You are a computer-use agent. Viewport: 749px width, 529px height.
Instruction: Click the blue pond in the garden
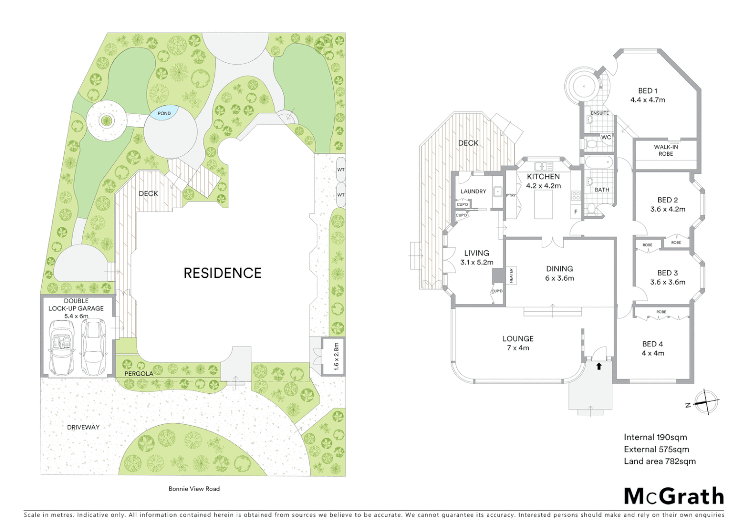[164, 113]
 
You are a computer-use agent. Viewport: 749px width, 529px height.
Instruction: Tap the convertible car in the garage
[62, 347]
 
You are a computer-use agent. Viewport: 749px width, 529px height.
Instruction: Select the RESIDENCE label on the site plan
[223, 273]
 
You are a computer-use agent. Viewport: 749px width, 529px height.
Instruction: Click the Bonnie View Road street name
[194, 489]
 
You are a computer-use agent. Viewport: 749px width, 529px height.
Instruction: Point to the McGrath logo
[674, 497]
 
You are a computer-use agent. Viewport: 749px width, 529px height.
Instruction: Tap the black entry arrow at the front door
[599, 366]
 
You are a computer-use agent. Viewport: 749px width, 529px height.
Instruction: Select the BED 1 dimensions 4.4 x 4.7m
[648, 100]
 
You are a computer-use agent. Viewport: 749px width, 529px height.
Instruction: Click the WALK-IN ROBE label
[666, 150]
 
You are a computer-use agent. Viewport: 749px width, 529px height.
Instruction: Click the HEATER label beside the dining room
[511, 275]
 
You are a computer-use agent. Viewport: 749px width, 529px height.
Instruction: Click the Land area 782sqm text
[659, 461]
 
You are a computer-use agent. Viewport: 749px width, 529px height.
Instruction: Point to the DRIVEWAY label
[83, 427]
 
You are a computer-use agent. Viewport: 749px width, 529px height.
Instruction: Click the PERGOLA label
[139, 374]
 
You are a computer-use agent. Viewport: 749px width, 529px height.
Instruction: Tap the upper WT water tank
[341, 169]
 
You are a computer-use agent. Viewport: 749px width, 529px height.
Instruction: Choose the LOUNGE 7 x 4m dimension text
[518, 348]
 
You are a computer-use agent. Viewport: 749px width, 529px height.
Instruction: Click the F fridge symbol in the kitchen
[576, 212]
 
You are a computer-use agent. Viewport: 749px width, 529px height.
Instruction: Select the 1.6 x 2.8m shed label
[336, 356]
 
